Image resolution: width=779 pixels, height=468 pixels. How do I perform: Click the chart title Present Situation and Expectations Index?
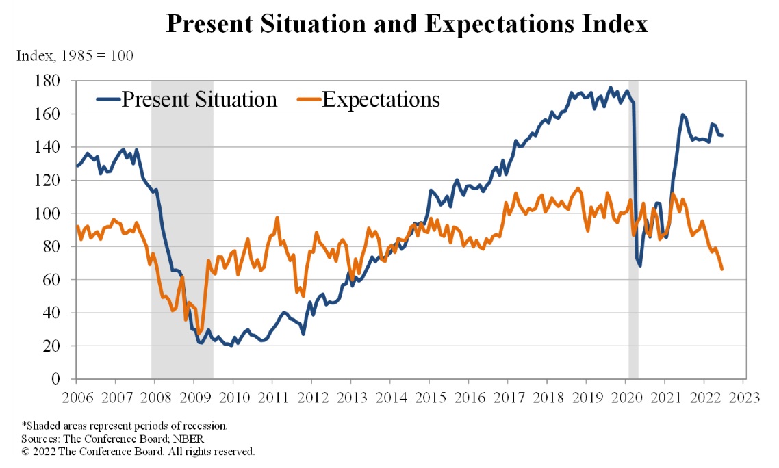(407, 25)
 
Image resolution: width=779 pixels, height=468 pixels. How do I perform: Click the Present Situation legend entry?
(199, 99)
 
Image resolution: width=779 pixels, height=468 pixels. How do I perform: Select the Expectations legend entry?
(381, 99)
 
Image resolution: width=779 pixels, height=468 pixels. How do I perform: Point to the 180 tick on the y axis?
(53, 81)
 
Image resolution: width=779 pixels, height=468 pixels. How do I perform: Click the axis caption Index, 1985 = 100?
(75, 55)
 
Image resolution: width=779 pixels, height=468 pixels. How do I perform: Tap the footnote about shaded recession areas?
(125, 426)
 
